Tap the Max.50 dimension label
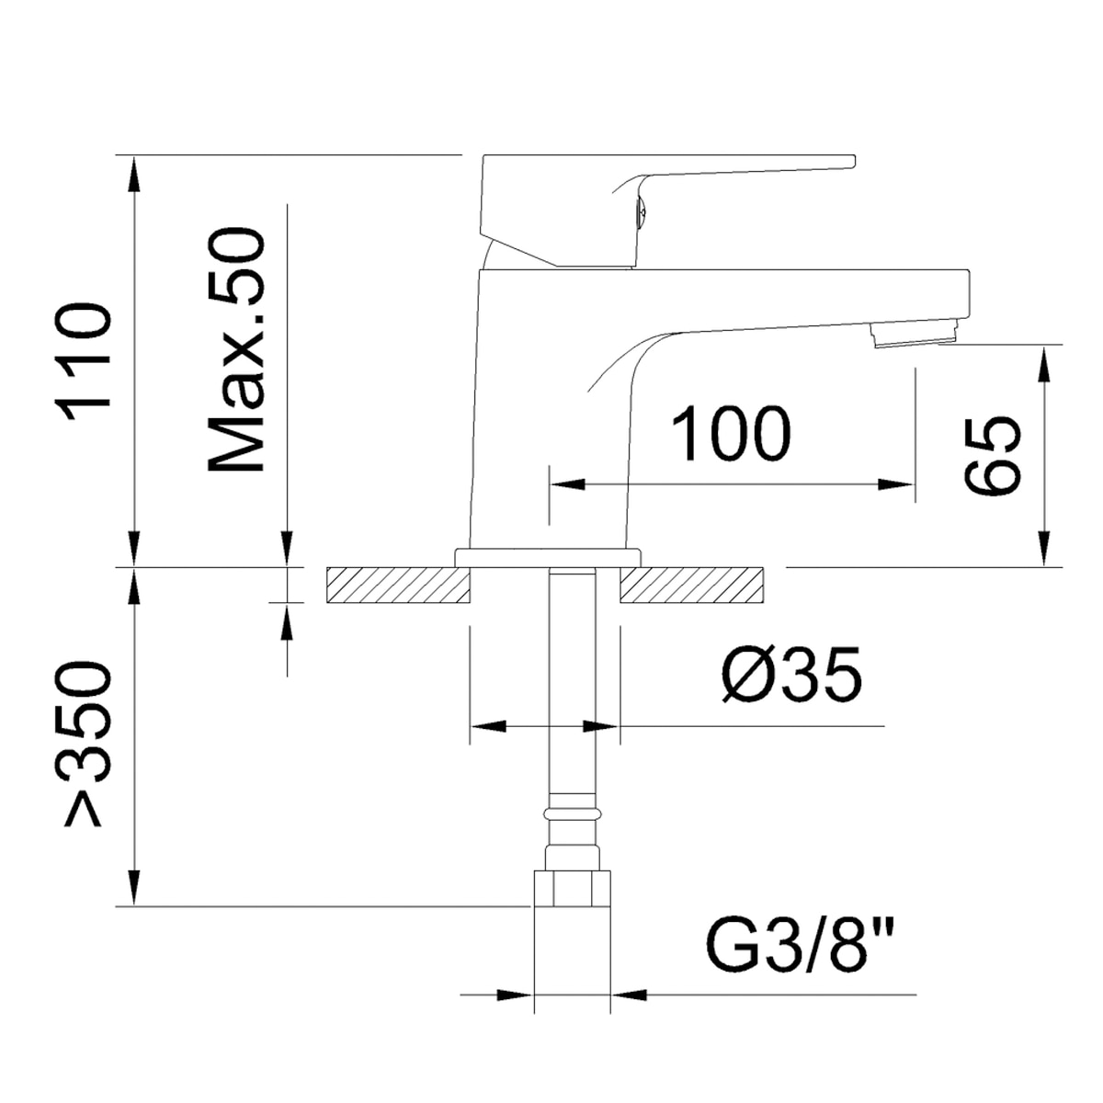click(236, 349)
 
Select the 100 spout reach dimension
click(731, 433)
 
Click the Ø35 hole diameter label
click(791, 675)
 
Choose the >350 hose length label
click(83, 745)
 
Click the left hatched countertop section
click(398, 585)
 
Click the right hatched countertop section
click(691, 585)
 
